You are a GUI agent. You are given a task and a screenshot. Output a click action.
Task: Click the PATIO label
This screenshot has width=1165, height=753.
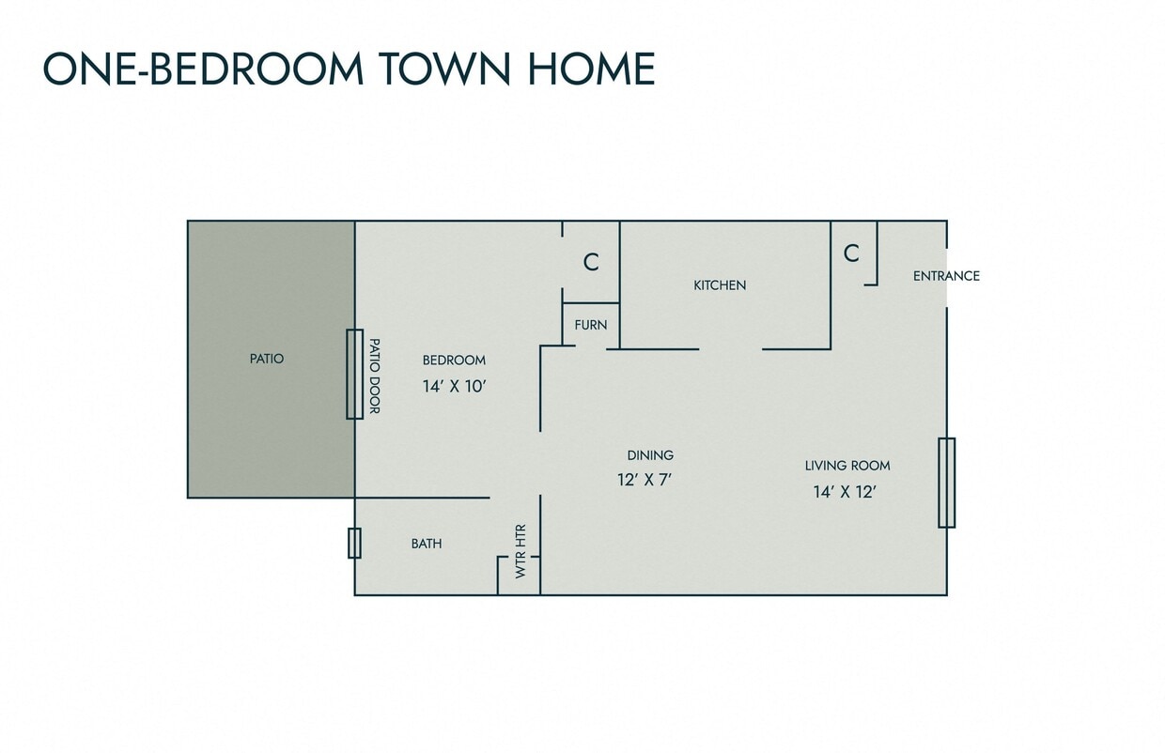pyautogui.click(x=267, y=359)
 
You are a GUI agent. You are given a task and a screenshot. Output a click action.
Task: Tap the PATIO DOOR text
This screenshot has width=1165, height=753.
pyautogui.click(x=373, y=376)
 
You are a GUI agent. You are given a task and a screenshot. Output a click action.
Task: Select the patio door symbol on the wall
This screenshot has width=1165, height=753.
pyautogui.click(x=354, y=374)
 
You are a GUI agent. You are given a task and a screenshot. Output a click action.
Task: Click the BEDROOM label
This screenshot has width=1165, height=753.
pyautogui.click(x=454, y=361)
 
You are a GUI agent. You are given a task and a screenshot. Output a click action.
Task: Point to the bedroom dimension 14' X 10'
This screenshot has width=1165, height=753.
pyautogui.click(x=454, y=385)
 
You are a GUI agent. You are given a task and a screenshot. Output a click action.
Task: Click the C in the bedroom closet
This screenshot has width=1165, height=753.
pyautogui.click(x=591, y=263)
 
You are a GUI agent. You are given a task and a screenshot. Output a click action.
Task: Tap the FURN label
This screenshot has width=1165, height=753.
pyautogui.click(x=591, y=325)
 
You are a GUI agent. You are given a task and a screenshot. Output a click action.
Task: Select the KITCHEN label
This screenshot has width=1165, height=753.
pyautogui.click(x=720, y=285)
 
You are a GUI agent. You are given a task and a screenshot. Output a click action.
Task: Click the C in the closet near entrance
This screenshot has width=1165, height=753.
pyautogui.click(x=851, y=254)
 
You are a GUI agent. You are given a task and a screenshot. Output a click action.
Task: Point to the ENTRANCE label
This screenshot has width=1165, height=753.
pyautogui.click(x=946, y=276)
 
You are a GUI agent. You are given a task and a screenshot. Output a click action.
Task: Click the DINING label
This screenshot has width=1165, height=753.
pyautogui.click(x=650, y=455)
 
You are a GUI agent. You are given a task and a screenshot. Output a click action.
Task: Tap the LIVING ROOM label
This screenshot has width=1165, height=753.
pyautogui.click(x=847, y=466)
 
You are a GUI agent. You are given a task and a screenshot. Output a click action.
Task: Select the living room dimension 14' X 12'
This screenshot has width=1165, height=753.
pyautogui.click(x=846, y=491)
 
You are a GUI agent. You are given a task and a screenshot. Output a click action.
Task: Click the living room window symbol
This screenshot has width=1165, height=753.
pyautogui.click(x=946, y=483)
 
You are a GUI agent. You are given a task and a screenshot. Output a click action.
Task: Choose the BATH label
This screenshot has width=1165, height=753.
pyautogui.click(x=427, y=544)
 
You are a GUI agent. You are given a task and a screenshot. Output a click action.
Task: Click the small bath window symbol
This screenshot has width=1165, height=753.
pyautogui.click(x=354, y=543)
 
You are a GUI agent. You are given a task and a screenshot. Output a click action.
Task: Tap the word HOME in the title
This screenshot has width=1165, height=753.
pyautogui.click(x=590, y=69)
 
